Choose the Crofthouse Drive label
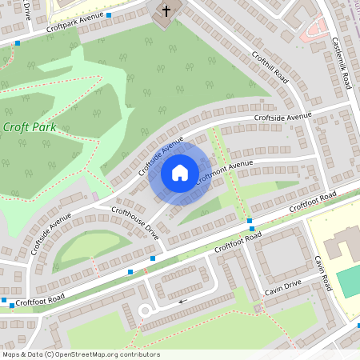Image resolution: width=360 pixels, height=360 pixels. click(x=135, y=221)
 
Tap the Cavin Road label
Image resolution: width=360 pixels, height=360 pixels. click(x=322, y=273)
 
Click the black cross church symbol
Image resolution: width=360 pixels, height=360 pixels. click(x=166, y=12)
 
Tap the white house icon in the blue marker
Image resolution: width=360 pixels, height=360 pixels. click(x=179, y=172)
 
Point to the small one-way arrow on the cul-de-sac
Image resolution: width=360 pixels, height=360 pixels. click(x=183, y=302)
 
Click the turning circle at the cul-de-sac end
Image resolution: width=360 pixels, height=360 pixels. click(x=145, y=310)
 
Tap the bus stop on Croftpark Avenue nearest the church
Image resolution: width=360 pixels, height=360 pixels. click(x=109, y=14)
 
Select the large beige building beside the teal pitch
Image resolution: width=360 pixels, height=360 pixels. click(x=341, y=243)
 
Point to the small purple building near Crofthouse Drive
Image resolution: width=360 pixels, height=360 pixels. click(x=96, y=196)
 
